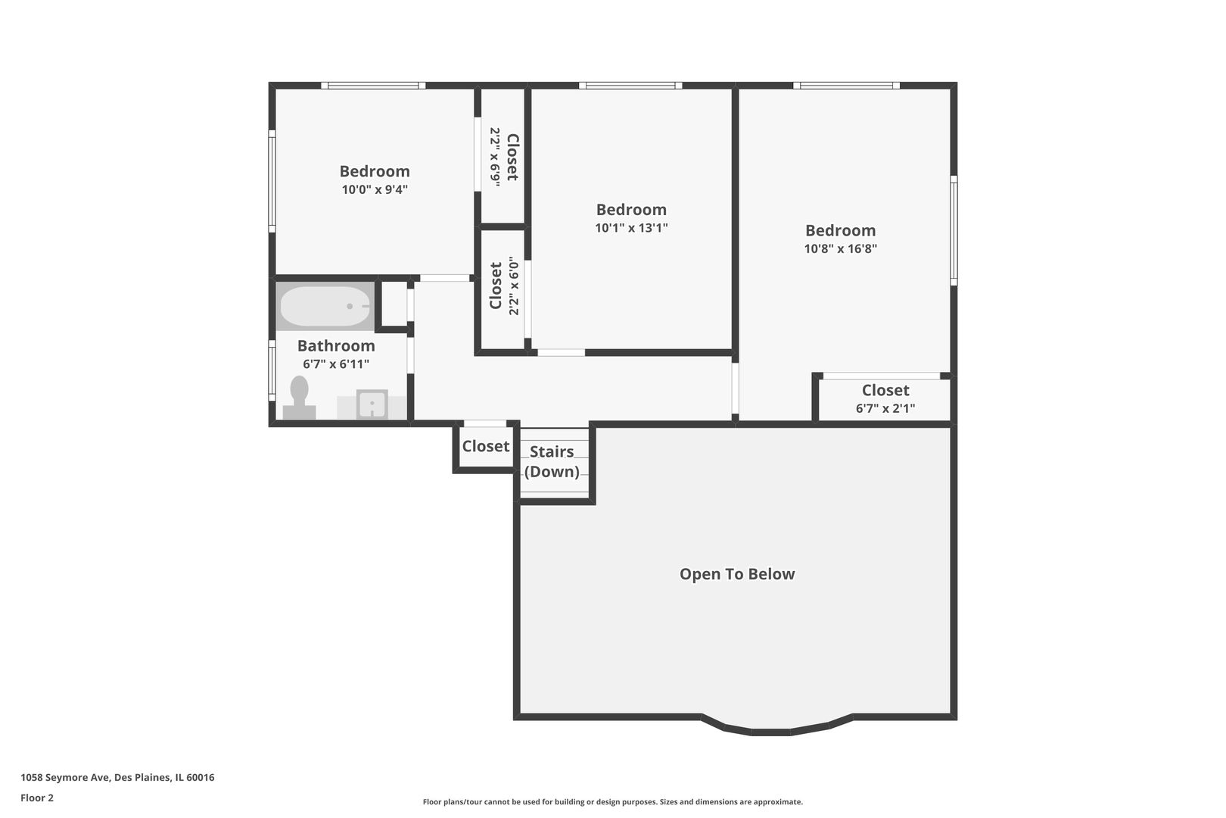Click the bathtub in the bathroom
click(325, 306)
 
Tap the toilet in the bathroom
click(300, 398)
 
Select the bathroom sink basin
click(372, 404)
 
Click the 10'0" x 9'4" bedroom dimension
click(375, 189)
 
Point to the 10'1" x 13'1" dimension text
click(632, 228)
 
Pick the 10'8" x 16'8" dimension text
click(841, 248)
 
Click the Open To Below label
click(737, 573)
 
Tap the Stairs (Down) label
click(552, 461)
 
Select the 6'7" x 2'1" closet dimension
click(885, 408)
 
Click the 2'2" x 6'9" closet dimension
click(495, 158)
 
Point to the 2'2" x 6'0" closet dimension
click(513, 286)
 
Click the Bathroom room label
click(336, 345)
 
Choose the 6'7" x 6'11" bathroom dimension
click(336, 364)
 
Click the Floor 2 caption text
click(37, 798)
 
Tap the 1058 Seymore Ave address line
click(117, 777)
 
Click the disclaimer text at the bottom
click(613, 801)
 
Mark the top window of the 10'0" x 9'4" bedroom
click(373, 86)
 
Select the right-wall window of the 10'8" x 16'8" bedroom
click(954, 231)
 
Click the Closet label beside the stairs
click(485, 446)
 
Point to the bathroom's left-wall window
click(272, 371)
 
